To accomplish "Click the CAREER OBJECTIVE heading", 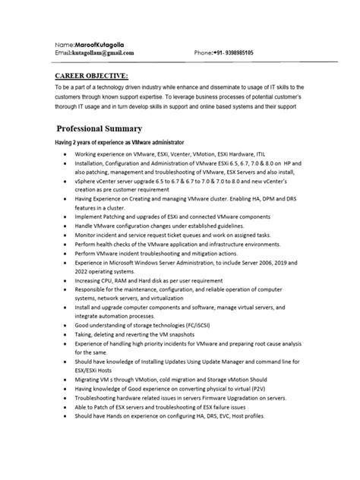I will (x=91, y=76).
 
